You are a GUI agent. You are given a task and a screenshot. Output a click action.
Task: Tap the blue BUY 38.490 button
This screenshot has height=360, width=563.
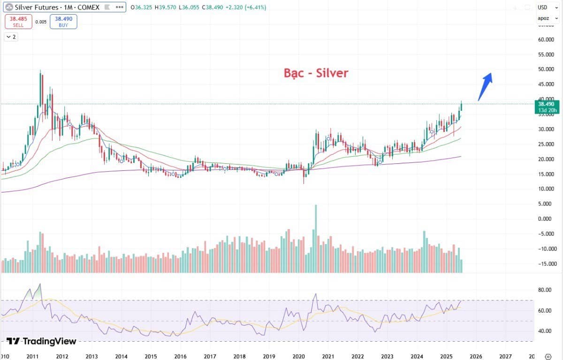(x=63, y=22)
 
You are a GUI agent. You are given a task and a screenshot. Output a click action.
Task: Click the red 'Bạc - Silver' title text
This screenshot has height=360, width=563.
(x=316, y=73)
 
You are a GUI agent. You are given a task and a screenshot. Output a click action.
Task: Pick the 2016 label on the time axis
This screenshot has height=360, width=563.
(x=181, y=356)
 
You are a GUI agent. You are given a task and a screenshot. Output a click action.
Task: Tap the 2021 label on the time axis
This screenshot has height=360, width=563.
(x=328, y=356)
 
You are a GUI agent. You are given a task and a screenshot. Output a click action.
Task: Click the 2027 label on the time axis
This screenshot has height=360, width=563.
(x=505, y=356)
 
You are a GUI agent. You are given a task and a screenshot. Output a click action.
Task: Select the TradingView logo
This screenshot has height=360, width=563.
(x=41, y=341)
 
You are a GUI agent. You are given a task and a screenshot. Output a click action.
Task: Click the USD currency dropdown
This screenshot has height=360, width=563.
(x=544, y=8)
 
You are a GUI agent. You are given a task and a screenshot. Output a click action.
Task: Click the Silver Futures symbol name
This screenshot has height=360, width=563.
(x=37, y=8)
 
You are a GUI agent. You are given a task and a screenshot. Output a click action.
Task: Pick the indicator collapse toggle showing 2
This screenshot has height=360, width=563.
(x=11, y=37)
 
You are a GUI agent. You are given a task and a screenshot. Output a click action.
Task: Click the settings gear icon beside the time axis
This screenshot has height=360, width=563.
(x=548, y=356)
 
